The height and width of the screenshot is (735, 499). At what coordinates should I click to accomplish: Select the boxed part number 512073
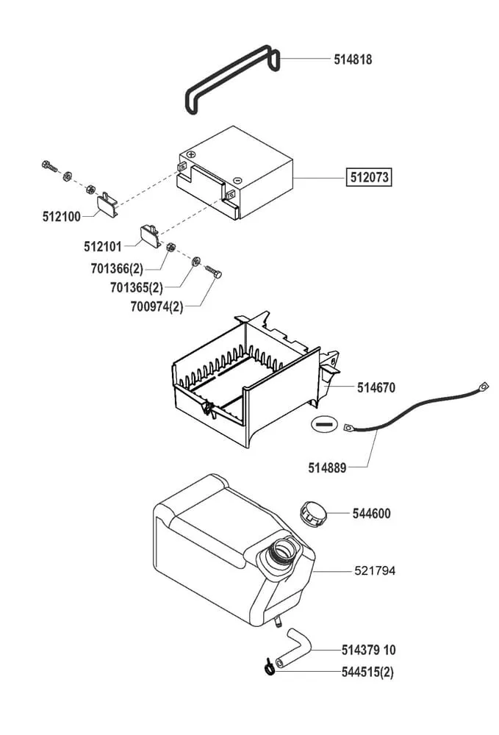click(370, 177)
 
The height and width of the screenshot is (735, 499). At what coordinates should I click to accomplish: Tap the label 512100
click(62, 216)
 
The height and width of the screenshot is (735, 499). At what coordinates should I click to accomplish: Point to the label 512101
click(102, 247)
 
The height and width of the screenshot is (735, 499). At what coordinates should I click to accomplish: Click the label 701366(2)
click(117, 269)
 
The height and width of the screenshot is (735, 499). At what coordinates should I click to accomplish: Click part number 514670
click(376, 387)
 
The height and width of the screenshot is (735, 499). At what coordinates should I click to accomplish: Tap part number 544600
click(372, 514)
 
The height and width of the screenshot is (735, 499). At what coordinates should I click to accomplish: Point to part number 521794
click(375, 570)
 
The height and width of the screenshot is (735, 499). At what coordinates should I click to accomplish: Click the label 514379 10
click(369, 650)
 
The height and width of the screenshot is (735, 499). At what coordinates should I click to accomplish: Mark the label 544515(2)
click(367, 672)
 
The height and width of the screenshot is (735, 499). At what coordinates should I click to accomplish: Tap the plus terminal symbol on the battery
click(190, 155)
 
